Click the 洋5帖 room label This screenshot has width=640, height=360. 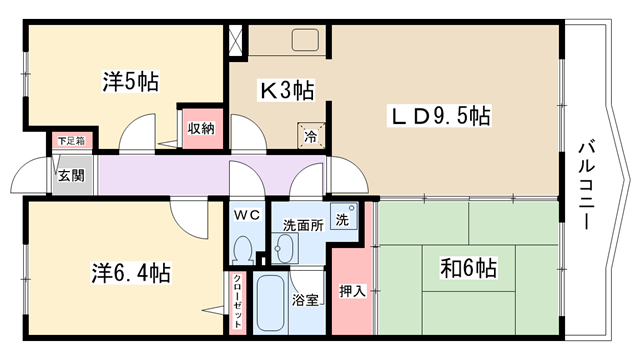pyautogui.click(x=130, y=81)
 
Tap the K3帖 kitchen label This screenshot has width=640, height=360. pyautogui.click(x=287, y=91)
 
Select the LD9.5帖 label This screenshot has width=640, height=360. pyautogui.click(x=440, y=116)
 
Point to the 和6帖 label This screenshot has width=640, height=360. pyautogui.click(x=468, y=268)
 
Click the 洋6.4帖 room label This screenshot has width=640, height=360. pyautogui.click(x=131, y=273)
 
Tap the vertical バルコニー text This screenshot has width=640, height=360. pyautogui.click(x=586, y=186)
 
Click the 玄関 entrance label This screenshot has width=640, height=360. pyautogui.click(x=71, y=176)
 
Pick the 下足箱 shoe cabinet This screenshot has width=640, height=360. pyautogui.click(x=72, y=141)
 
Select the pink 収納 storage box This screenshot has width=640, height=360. pyautogui.click(x=202, y=129)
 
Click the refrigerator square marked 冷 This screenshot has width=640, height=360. pyautogui.click(x=311, y=136)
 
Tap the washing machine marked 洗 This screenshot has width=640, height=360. pyautogui.click(x=344, y=216)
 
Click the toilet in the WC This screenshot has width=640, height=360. pyautogui.click(x=244, y=250)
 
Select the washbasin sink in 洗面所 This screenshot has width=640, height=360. pyautogui.click(x=285, y=248)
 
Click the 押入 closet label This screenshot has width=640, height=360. pyautogui.click(x=352, y=291)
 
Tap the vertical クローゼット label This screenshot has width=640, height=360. pyautogui.click(x=238, y=302)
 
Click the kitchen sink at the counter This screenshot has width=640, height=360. pyautogui.click(x=305, y=40)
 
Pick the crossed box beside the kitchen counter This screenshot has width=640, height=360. pyautogui.click(x=236, y=40)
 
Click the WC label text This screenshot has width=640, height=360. pyautogui.click(x=247, y=215)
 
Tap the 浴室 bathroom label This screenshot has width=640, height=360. pyautogui.click(x=305, y=301)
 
